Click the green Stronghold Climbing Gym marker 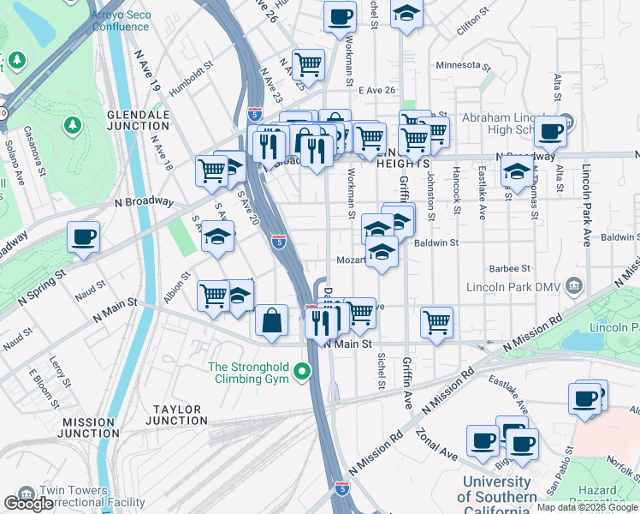301,372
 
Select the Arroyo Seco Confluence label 120,21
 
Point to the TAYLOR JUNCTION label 177,415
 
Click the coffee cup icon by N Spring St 83,236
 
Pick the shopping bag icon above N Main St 271,320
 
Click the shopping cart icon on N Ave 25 308,63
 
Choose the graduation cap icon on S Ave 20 218,236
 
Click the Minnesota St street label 463,65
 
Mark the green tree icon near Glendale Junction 72,125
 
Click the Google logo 29,504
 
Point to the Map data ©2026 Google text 587,507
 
